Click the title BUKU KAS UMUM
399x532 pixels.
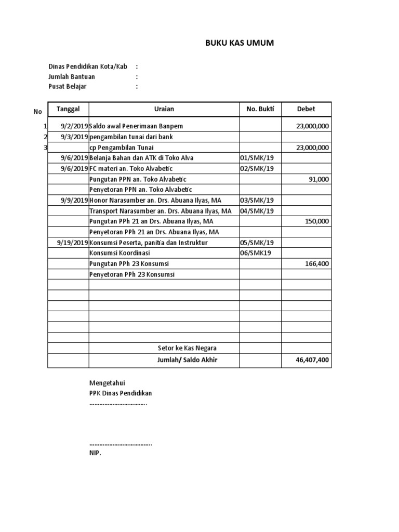[x=240, y=43]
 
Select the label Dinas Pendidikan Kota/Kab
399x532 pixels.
[x=88, y=66]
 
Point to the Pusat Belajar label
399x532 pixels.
[x=68, y=87]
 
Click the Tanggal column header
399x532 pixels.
[x=68, y=109]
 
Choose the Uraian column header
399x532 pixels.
[x=164, y=109]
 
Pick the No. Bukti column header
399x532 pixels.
[x=260, y=109]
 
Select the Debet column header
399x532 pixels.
[x=306, y=109]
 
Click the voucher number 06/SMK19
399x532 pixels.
[x=255, y=253]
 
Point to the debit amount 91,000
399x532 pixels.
[x=319, y=179]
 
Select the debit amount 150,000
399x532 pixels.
[x=317, y=221]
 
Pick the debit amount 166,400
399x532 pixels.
[x=317, y=264]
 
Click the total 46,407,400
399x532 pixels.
[x=312, y=360]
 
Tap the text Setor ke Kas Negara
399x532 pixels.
[x=187, y=348]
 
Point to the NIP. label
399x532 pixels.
[x=95, y=454]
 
